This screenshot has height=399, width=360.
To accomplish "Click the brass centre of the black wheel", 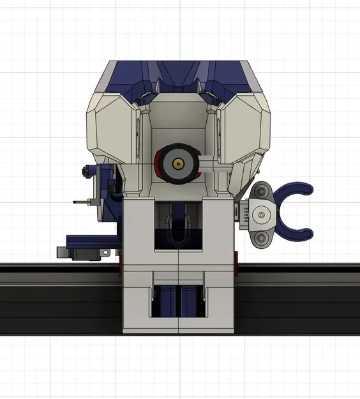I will tap(178, 163).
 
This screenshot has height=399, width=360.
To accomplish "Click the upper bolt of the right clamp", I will tap(261, 190).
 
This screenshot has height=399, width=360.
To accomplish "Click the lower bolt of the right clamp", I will tap(261, 239).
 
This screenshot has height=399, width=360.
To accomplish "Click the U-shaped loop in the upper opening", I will tap(179, 229).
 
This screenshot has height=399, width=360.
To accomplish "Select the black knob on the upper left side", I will tap(84, 171).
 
